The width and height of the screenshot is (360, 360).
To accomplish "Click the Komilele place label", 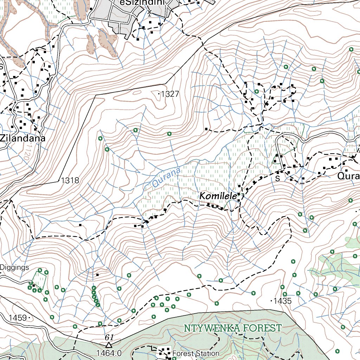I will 218,196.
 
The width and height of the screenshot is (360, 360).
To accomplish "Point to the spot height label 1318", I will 70,180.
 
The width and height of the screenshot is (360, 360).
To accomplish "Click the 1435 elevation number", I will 283,301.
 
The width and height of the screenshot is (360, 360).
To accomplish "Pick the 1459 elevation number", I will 18,318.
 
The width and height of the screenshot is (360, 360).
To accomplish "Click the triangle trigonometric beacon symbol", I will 109,345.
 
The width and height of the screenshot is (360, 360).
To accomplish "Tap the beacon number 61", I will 109,337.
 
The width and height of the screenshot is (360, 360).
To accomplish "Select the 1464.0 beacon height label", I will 109,353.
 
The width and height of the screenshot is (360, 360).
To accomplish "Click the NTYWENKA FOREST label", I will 233,328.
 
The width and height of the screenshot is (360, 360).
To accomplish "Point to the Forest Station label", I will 196,353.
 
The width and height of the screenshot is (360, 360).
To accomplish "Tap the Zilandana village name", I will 23,138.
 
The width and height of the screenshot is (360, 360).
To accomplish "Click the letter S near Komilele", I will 277,179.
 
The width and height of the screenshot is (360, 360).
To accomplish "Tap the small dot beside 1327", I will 159,94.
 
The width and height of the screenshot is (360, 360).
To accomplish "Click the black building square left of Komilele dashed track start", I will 81,225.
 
